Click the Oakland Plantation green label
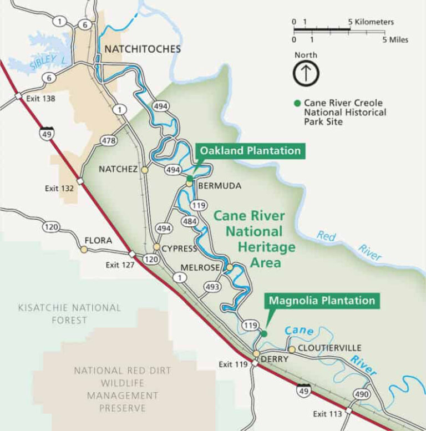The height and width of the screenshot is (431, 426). click(x=250, y=151)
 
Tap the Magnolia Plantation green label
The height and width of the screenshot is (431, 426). click(x=322, y=301)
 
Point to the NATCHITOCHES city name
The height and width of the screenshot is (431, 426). click(x=143, y=49)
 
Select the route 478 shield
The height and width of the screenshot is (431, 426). click(x=109, y=141)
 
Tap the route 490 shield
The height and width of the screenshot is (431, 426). click(x=361, y=394)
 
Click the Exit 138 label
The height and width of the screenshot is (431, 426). click(x=40, y=98)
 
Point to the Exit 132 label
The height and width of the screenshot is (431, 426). click(x=59, y=189)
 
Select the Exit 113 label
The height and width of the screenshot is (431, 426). click(x=327, y=414)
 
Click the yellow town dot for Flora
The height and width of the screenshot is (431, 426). click(x=84, y=250)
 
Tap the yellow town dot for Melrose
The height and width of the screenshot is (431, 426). click(x=229, y=268)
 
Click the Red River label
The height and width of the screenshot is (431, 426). click(x=349, y=244)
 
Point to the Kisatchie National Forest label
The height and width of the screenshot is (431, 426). click(x=69, y=313)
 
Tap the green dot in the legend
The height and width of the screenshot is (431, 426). click(x=297, y=103)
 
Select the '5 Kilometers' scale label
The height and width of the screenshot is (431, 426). click(x=371, y=22)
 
